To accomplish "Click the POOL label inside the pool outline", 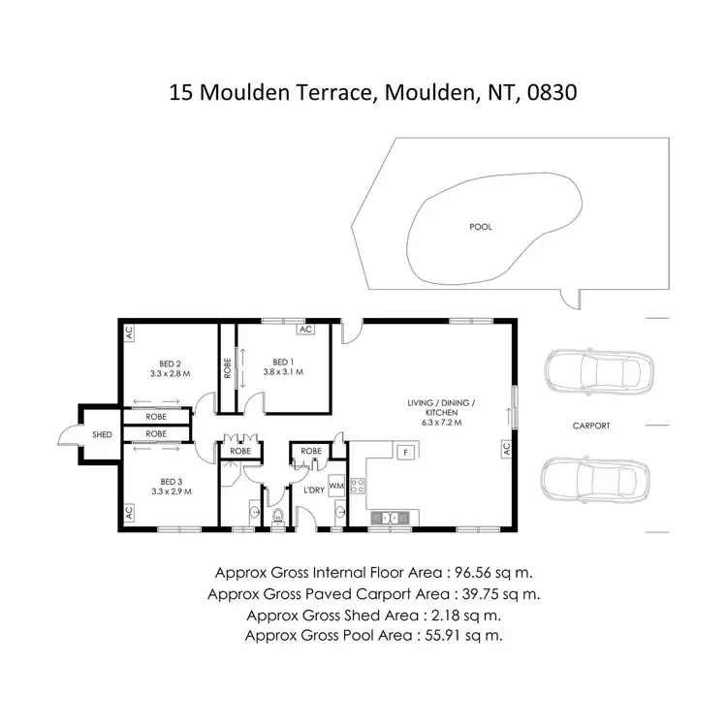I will point(481,227).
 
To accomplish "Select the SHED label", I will point(102,436).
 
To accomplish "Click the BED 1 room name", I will point(284,361).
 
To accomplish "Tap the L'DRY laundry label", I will point(313,490).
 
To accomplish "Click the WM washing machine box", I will point(337,484).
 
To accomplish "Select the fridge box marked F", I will point(406,452).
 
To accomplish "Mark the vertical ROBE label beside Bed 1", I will point(227,368).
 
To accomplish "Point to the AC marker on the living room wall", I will point(505,449).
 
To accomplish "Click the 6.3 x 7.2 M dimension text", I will point(440,423).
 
